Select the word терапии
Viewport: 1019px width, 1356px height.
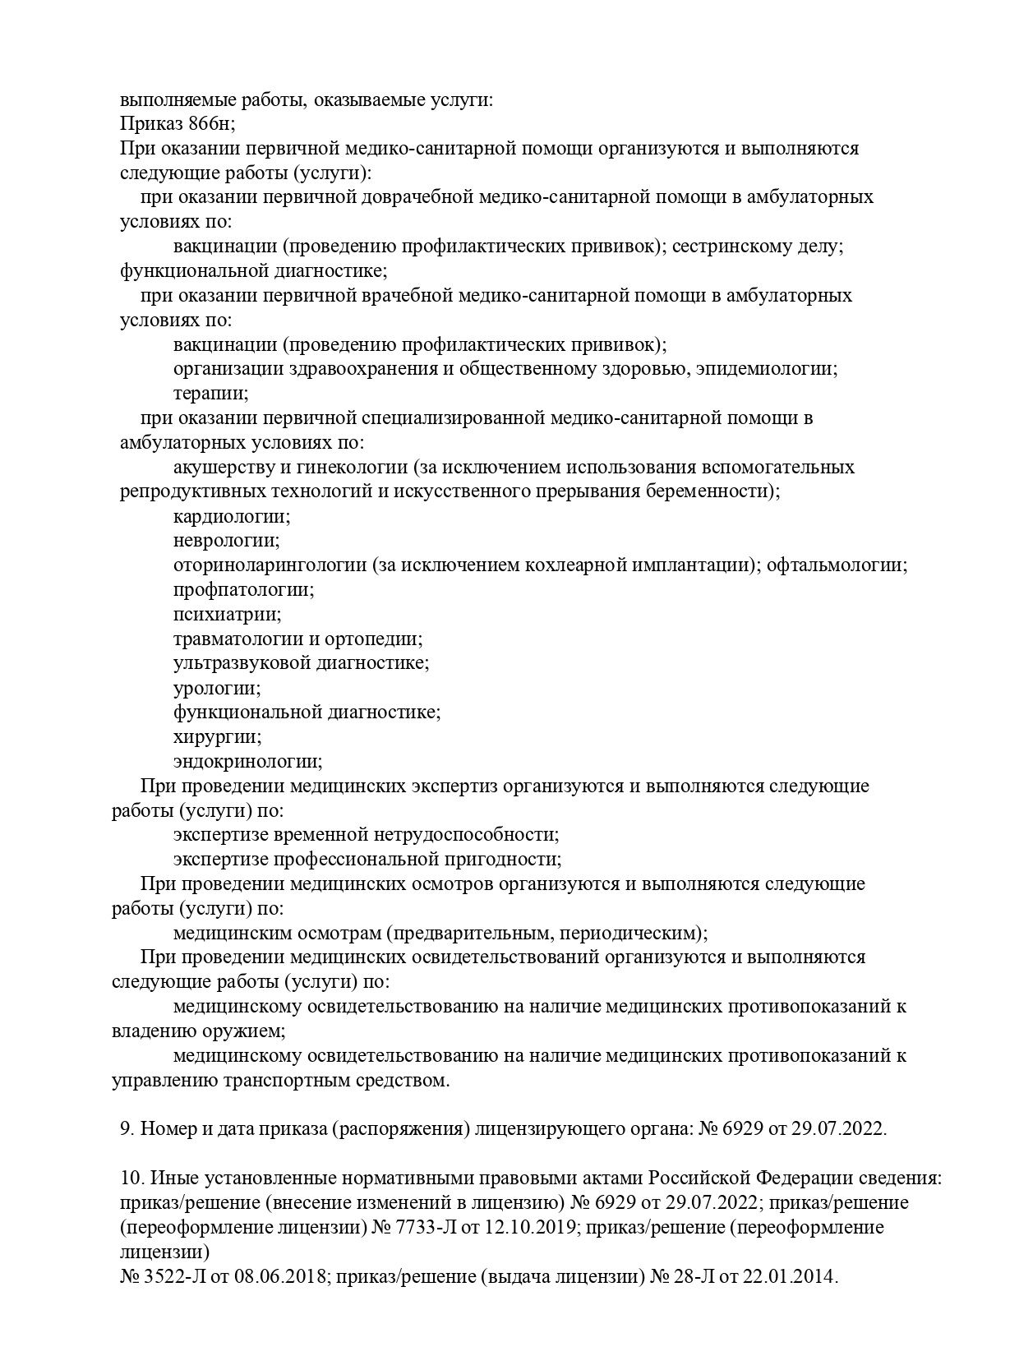[210, 394]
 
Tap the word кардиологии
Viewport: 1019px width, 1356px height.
[232, 517]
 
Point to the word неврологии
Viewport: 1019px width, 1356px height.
[226, 541]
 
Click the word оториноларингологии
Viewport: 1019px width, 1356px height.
[270, 565]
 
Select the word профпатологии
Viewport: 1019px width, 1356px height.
[243, 590]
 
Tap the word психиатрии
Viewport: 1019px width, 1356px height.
[227, 614]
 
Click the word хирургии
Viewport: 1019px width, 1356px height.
[217, 736]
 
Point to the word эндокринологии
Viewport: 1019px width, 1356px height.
[247, 761]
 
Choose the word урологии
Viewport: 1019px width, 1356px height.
[216, 687]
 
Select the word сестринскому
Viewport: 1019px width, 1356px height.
[732, 247]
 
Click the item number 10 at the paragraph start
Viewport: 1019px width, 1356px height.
[133, 1178]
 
